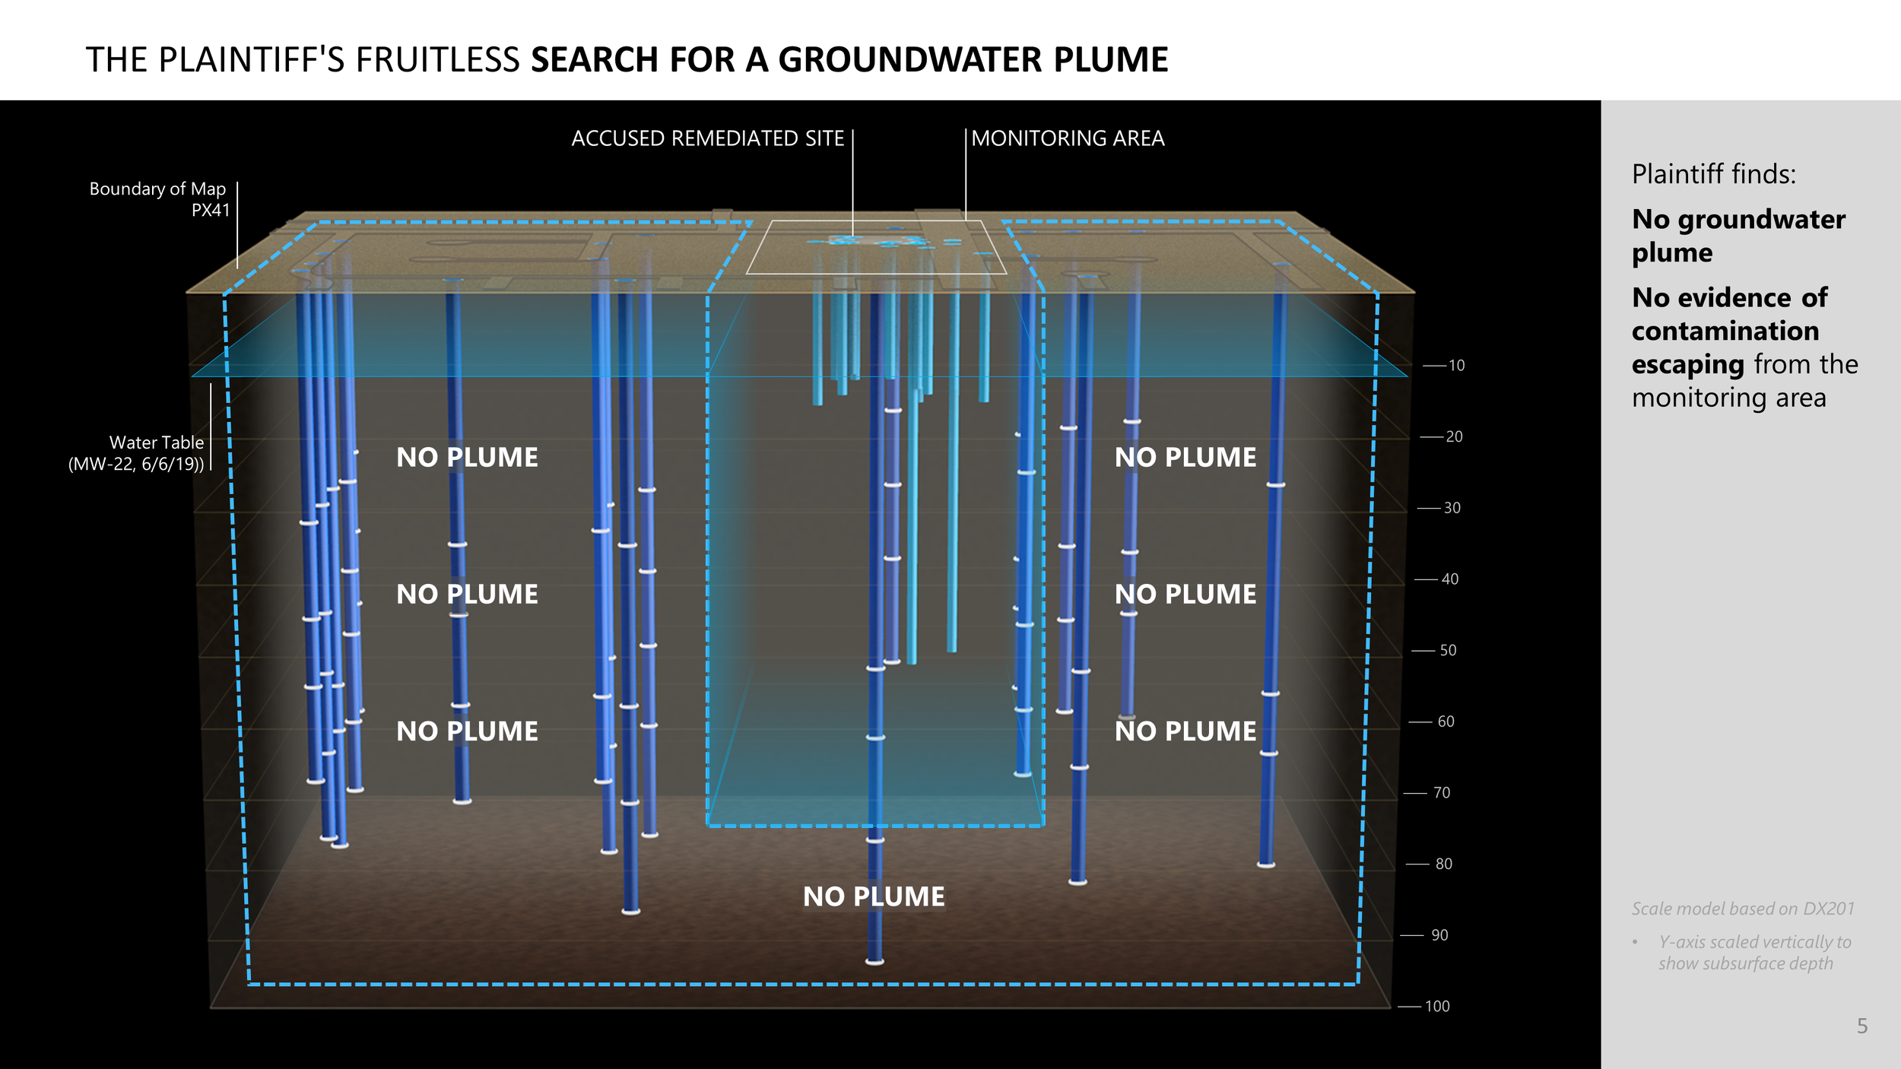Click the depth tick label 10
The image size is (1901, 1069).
(x=1456, y=366)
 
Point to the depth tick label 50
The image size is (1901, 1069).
(x=1448, y=651)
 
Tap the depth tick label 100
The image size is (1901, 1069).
(x=1437, y=1007)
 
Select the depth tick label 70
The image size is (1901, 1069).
(x=1442, y=793)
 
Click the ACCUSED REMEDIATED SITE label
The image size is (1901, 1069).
(x=707, y=138)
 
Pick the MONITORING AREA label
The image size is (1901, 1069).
(x=1068, y=138)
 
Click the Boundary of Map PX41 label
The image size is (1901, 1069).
(x=158, y=199)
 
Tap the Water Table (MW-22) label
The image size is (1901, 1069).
(x=137, y=453)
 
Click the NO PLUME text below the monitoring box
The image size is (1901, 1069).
(x=874, y=897)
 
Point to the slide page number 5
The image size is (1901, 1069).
(x=1862, y=1026)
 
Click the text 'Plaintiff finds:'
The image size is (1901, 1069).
(x=1714, y=175)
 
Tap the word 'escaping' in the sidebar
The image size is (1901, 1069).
(x=1687, y=365)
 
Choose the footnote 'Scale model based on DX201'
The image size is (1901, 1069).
(x=1743, y=909)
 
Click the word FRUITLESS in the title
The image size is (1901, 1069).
(x=438, y=60)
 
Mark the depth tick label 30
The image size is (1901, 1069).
(x=1452, y=508)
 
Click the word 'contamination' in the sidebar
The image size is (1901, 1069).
(x=1725, y=331)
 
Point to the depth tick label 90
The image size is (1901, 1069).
(x=1439, y=935)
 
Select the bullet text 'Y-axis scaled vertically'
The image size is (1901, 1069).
(x=1754, y=943)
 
